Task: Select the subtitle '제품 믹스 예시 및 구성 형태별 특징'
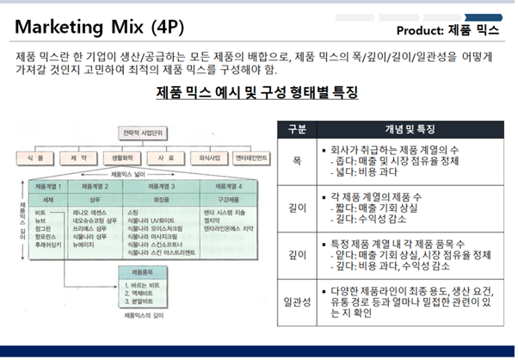pyautogui.click(x=256, y=92)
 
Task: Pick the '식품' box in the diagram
pyautogui.click(x=40, y=158)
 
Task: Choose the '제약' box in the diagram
pyautogui.click(x=80, y=158)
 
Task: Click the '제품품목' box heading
pyautogui.click(x=139, y=270)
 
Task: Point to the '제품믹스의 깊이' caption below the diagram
pyautogui.click(x=142, y=316)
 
